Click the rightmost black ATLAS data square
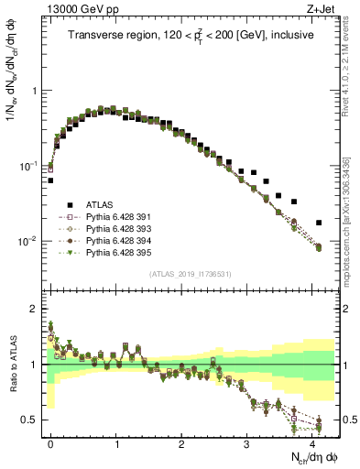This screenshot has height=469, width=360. click(319, 223)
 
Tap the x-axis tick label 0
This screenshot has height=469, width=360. click(50, 442)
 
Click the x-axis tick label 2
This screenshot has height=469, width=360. click(181, 442)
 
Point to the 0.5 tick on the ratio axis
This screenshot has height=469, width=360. click(33, 420)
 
